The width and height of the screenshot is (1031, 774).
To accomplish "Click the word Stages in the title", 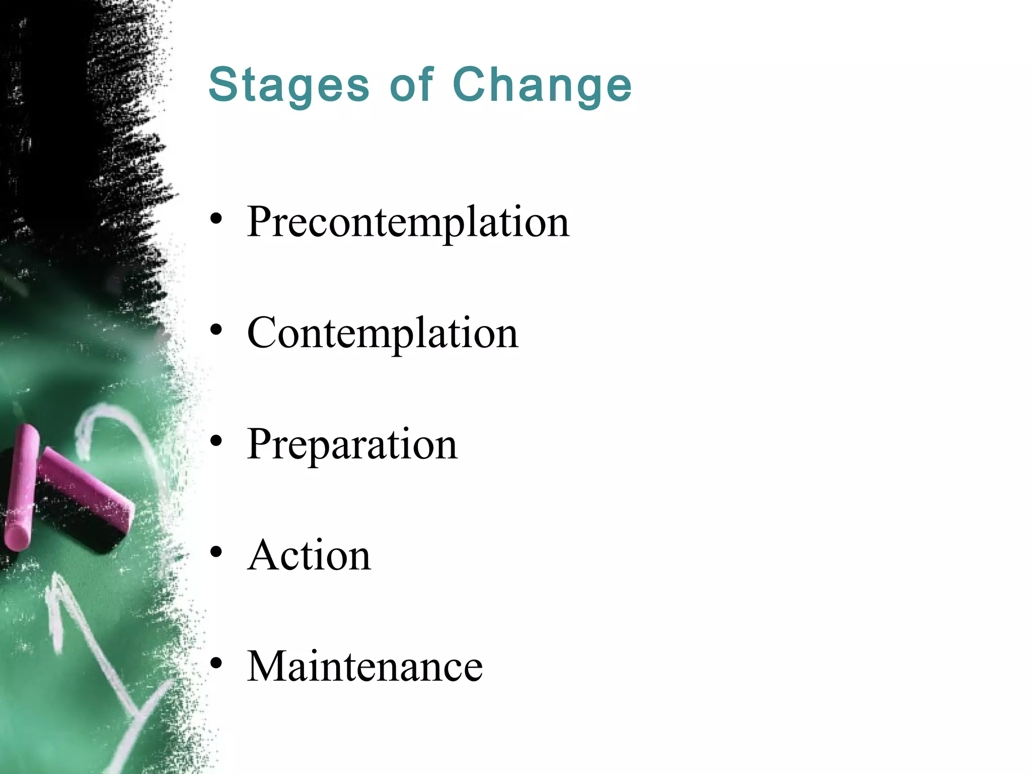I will click(288, 86).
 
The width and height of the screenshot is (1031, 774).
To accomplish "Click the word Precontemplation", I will click(408, 222).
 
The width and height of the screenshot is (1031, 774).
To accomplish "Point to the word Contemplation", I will click(382, 333).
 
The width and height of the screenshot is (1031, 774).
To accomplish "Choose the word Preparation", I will click(352, 444).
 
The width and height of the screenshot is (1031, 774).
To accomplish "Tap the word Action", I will click(309, 555).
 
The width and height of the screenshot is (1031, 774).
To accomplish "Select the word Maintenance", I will click(364, 666).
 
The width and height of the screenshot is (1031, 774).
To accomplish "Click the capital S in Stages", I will click(223, 84).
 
